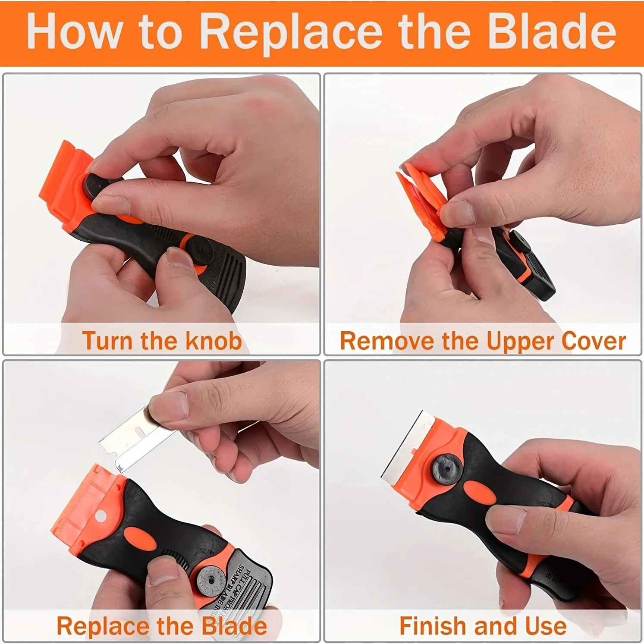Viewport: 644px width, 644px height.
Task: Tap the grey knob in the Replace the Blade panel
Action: (x=209, y=581)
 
